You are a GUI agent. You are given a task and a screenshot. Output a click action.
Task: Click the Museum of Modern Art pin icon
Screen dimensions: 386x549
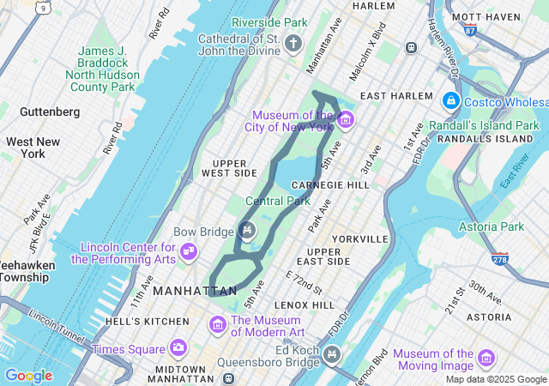point(218,325)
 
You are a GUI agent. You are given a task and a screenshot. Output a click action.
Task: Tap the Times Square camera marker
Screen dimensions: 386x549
point(178,348)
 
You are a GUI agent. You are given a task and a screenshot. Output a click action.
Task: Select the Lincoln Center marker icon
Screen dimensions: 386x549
point(190,251)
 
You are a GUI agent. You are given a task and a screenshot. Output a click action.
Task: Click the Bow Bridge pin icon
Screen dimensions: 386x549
point(247,230)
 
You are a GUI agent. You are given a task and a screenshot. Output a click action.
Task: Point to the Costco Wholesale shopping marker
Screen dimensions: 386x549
point(449,101)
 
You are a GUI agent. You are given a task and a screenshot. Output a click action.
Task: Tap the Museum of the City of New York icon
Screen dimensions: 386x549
point(345,119)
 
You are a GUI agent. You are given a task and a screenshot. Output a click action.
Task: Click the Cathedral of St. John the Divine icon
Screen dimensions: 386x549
point(294,44)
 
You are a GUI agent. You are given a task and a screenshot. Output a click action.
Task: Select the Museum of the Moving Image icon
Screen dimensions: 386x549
point(486,359)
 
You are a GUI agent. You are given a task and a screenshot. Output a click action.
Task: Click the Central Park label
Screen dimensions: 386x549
point(277,202)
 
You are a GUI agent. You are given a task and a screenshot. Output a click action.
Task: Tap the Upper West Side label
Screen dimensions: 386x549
point(229,167)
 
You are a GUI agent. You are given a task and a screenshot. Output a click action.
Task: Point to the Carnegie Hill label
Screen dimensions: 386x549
point(330,184)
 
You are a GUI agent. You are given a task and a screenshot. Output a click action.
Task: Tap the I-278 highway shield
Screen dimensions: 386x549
point(499,258)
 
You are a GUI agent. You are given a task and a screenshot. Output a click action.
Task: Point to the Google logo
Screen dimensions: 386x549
point(28,376)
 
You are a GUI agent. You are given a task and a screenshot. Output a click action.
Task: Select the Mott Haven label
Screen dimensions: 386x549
point(486,16)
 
